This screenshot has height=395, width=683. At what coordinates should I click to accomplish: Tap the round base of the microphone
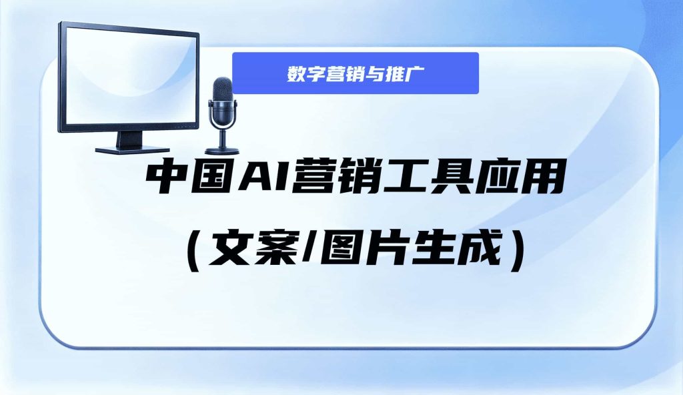click(222, 151)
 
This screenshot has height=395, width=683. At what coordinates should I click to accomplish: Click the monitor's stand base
click(126, 149)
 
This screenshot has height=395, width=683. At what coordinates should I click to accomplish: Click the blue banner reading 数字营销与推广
click(356, 73)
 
